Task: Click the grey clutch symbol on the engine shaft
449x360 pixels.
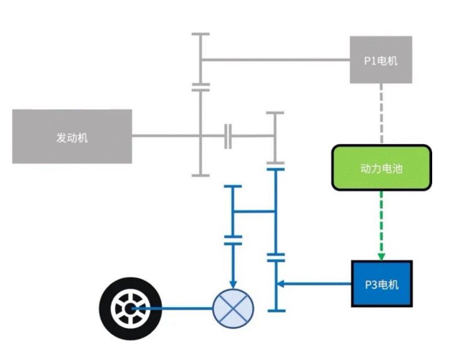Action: (228, 136)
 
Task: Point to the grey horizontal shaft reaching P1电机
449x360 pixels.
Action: (276, 59)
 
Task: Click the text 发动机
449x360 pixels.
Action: (72, 137)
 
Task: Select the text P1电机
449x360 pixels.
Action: (381, 61)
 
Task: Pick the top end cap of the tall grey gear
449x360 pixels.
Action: (200, 35)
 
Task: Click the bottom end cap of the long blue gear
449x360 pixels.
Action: (276, 310)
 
